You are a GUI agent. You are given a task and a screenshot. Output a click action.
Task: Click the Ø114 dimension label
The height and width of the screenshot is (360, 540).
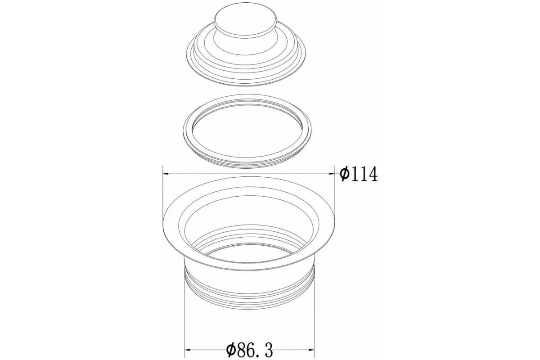(359, 174)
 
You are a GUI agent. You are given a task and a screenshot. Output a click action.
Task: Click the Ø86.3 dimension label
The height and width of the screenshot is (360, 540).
(250, 351)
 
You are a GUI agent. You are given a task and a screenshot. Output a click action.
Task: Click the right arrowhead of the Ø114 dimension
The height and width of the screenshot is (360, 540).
(332, 173)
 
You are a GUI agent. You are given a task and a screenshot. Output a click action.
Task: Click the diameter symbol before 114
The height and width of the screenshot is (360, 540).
(345, 174)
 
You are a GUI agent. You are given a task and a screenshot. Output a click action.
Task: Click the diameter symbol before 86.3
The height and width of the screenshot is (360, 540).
(231, 351)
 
